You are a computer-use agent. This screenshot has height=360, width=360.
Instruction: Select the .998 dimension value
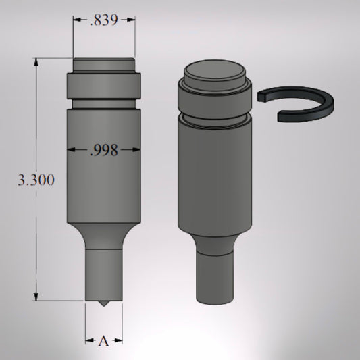(103, 150)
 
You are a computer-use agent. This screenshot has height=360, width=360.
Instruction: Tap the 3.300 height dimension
(36, 180)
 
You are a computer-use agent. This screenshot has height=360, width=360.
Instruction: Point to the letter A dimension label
(103, 342)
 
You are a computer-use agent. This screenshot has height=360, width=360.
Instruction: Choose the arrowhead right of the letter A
(118, 342)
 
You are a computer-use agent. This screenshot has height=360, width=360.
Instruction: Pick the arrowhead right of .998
(136, 150)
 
